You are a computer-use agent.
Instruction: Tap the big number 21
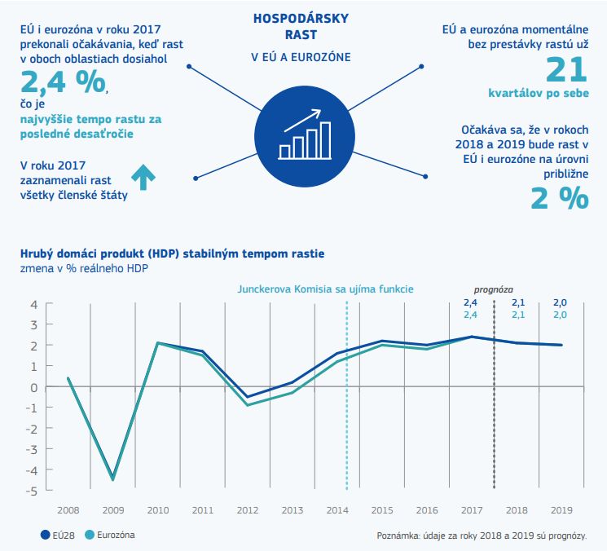pyautogui.click(x=565, y=71)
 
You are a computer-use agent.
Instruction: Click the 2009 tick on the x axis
pyautogui.click(x=112, y=509)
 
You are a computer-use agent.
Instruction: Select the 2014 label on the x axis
pyautogui.click(x=336, y=509)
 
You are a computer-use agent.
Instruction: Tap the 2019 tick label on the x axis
pyautogui.click(x=561, y=509)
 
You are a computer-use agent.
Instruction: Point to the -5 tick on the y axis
pyautogui.click(x=33, y=491)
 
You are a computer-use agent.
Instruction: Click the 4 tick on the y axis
pyautogui.click(x=34, y=305)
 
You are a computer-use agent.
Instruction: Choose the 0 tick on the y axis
pyautogui.click(x=34, y=387)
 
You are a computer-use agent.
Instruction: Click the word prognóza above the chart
pyautogui.click(x=494, y=289)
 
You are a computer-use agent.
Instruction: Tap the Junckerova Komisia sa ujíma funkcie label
pyautogui.click(x=325, y=289)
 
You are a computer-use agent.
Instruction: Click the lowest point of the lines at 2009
pyautogui.click(x=112, y=479)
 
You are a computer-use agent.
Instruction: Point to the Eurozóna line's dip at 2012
pyautogui.click(x=248, y=405)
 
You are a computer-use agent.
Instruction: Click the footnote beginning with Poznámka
pyautogui.click(x=481, y=536)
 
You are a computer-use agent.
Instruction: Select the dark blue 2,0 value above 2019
pyautogui.click(x=561, y=302)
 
